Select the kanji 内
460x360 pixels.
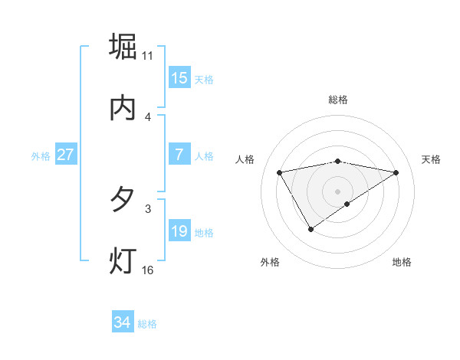tap(123, 109)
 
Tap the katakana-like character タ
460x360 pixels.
tap(123, 200)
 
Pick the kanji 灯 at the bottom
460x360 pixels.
tap(123, 261)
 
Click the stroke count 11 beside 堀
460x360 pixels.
tap(148, 56)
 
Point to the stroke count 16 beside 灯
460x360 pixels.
tap(148, 270)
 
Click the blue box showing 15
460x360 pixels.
tap(179, 78)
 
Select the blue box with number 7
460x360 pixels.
tap(179, 155)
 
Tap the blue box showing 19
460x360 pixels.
tap(179, 231)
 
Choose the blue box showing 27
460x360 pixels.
tap(66, 155)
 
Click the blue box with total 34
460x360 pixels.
tap(123, 323)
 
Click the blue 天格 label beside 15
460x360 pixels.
tap(204, 79)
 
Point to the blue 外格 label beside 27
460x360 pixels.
tap(41, 155)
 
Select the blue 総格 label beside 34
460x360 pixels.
tap(147, 324)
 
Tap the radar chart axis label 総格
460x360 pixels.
tap(338, 100)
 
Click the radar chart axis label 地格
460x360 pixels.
tap(402, 262)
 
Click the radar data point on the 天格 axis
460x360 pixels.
tap(396, 172)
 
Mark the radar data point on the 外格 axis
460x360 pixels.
tap(310, 229)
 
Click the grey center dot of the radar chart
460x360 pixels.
tap(338, 191)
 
